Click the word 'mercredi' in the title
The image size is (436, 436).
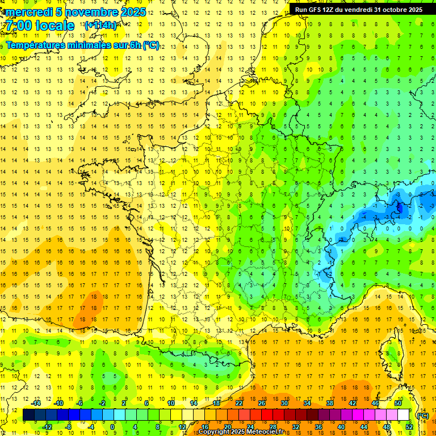[28, 12]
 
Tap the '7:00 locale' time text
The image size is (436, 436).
[40, 26]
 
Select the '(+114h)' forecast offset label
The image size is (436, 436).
[100, 26]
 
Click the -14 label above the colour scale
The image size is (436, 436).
[36, 403]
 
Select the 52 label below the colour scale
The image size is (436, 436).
[409, 427]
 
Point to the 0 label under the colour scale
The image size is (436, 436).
[112, 427]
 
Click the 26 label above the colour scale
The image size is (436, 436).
[262, 403]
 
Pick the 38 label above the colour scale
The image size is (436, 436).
[329, 403]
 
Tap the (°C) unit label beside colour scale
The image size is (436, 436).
[422, 415]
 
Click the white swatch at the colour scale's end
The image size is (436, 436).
[404, 415]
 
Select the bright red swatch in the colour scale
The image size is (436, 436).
[267, 415]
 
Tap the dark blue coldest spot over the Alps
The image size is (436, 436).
[399, 207]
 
